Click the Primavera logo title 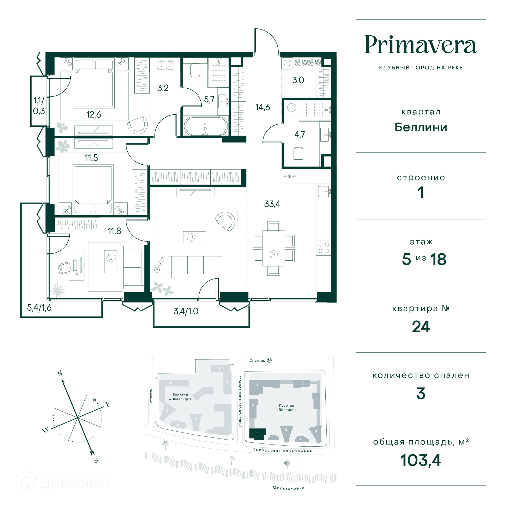[x=421, y=45]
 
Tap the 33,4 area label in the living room [x=272, y=204]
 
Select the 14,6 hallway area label [x=262, y=107]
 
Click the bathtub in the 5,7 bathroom [x=205, y=126]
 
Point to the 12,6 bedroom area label [x=94, y=114]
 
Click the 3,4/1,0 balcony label [x=186, y=311]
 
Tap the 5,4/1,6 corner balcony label [x=39, y=307]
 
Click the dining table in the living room [x=274, y=248]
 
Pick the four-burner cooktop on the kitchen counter [x=324, y=248]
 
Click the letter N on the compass [x=60, y=373]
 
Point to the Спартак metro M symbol [x=269, y=360]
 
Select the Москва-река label [x=289, y=488]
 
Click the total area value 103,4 [x=421, y=461]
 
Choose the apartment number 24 [x=421, y=327]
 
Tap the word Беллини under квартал [x=421, y=127]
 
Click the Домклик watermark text [x=75, y=483]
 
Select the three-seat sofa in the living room [x=195, y=267]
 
